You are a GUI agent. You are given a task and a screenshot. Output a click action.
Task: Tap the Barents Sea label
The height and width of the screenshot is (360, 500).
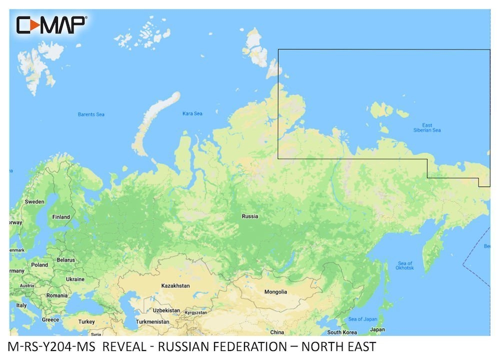(x=91, y=114)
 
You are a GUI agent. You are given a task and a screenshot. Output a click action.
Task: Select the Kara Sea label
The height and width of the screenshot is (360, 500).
(x=192, y=113)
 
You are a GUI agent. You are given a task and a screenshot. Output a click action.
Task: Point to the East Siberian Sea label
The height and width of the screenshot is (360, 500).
(x=427, y=127)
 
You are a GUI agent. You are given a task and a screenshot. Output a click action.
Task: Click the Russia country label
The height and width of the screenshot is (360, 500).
(x=250, y=216)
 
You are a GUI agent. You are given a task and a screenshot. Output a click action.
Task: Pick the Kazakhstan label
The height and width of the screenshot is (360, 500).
(x=175, y=285)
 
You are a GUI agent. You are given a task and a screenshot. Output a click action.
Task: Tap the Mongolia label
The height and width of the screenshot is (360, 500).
(x=275, y=291)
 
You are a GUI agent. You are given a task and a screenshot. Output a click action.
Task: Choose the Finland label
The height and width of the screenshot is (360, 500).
(x=61, y=217)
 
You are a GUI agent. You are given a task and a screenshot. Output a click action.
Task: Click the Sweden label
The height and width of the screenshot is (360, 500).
(x=35, y=202)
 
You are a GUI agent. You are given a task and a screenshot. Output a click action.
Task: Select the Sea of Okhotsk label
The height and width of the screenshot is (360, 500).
(x=405, y=265)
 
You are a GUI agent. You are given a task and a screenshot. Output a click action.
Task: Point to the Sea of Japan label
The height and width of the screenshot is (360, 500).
(x=362, y=319)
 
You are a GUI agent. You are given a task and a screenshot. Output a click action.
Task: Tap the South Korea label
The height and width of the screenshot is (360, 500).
(x=342, y=332)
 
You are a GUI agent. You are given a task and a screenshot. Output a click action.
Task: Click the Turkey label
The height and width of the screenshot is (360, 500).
(x=86, y=321)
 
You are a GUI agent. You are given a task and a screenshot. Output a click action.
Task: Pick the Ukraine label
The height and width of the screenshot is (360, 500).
(x=75, y=279)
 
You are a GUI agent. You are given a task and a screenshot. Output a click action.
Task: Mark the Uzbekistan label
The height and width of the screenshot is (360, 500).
(x=166, y=310)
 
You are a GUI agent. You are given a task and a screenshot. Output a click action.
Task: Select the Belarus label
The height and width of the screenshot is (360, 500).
(x=65, y=260)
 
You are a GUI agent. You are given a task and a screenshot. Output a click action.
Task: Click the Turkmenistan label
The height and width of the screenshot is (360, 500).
(x=153, y=322)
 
